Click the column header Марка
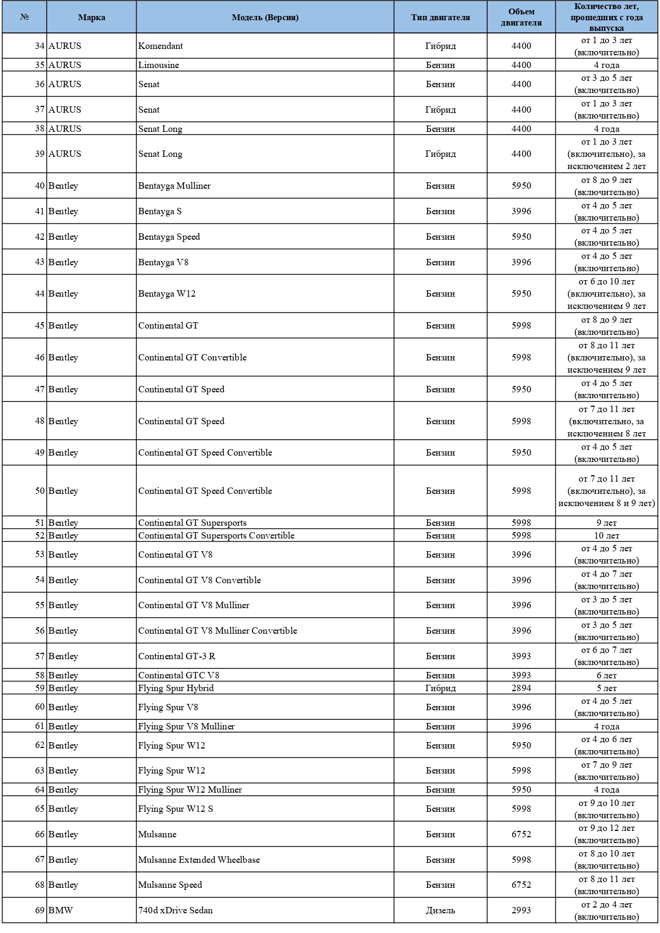[91, 17]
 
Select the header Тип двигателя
[440, 17]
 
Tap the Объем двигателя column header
[521, 17]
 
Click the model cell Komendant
[161, 46]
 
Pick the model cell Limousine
[158, 65]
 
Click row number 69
[40, 910]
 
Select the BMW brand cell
[61, 910]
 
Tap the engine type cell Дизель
[440, 910]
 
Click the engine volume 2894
[521, 688]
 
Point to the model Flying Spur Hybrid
[176, 688]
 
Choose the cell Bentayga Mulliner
[174, 186]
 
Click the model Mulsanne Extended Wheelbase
[199, 860]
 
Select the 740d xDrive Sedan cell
[176, 910]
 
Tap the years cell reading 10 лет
[606, 535]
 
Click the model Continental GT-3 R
[177, 656]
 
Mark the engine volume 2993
[521, 910]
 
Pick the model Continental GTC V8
[179, 675]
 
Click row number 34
[40, 46]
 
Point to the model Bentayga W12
[167, 293]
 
